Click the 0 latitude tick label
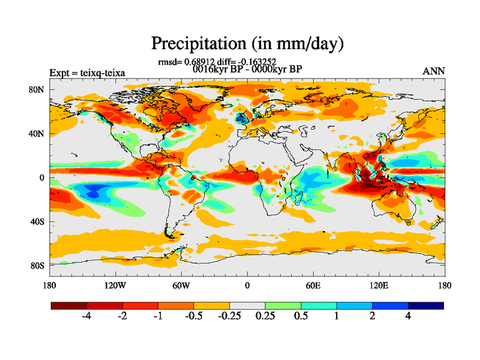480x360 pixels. pyautogui.click(x=42, y=178)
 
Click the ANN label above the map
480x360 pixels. pyautogui.click(x=434, y=71)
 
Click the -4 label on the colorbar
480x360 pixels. pyautogui.click(x=87, y=316)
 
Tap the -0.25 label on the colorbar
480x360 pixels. pyautogui.click(x=229, y=316)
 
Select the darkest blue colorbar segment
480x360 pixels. pyautogui.click(x=426, y=305)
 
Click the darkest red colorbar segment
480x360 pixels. pyautogui.click(x=69, y=305)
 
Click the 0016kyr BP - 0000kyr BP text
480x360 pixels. pyautogui.click(x=247, y=69)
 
